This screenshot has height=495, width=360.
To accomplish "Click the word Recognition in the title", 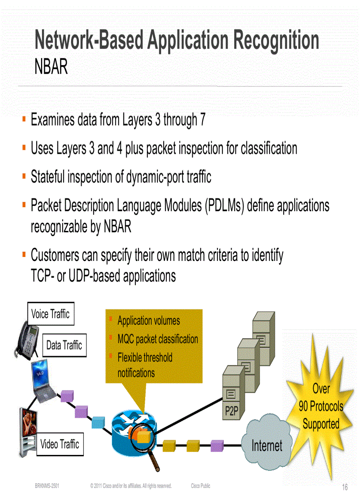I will point(276,41).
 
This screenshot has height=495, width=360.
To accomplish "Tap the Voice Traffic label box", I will point(50,314).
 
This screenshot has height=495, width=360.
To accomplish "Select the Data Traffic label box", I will point(64,345).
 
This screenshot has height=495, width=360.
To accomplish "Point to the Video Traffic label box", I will point(60,444).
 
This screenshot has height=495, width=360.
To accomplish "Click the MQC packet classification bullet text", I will point(157,339).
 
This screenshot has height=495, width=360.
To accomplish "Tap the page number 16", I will point(345,487).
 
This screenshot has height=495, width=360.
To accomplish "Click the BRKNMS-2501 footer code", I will point(47,486).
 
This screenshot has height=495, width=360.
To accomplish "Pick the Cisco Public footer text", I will point(201,486).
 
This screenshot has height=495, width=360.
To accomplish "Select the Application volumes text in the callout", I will point(149,321).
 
